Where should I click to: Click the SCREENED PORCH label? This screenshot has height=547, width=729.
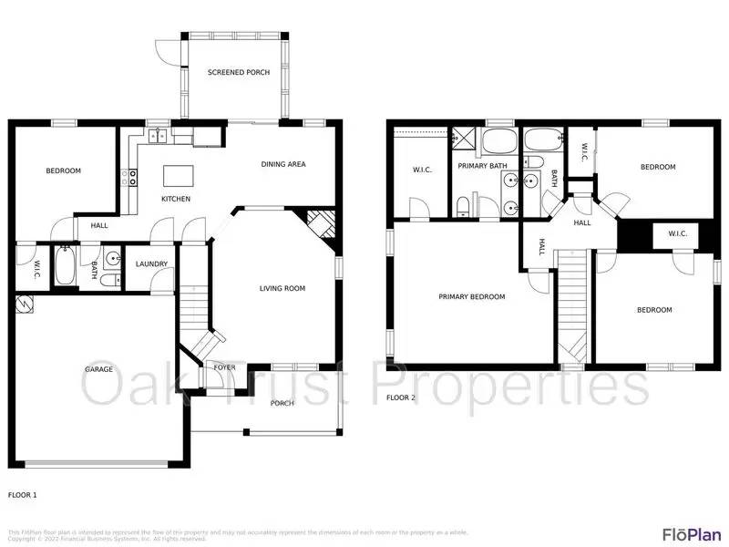click(239, 72)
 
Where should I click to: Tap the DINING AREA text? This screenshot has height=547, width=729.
click(283, 164)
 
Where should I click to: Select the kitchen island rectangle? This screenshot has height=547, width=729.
click(176, 174)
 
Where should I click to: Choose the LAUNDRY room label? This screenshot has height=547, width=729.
click(151, 264)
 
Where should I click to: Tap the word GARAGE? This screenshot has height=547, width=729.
click(99, 369)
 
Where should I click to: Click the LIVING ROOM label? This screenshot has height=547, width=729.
click(282, 288)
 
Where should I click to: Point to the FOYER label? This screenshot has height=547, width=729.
click(225, 367)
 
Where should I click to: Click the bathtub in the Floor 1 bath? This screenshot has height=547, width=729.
click(65, 265)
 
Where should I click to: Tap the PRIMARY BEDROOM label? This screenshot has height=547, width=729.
click(471, 296)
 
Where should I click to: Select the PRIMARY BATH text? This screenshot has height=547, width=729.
click(482, 166)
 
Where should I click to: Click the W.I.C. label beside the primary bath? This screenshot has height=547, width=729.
click(421, 169)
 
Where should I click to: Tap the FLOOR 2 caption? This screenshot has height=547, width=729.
click(400, 397)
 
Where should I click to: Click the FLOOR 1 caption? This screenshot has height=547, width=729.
click(23, 494)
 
